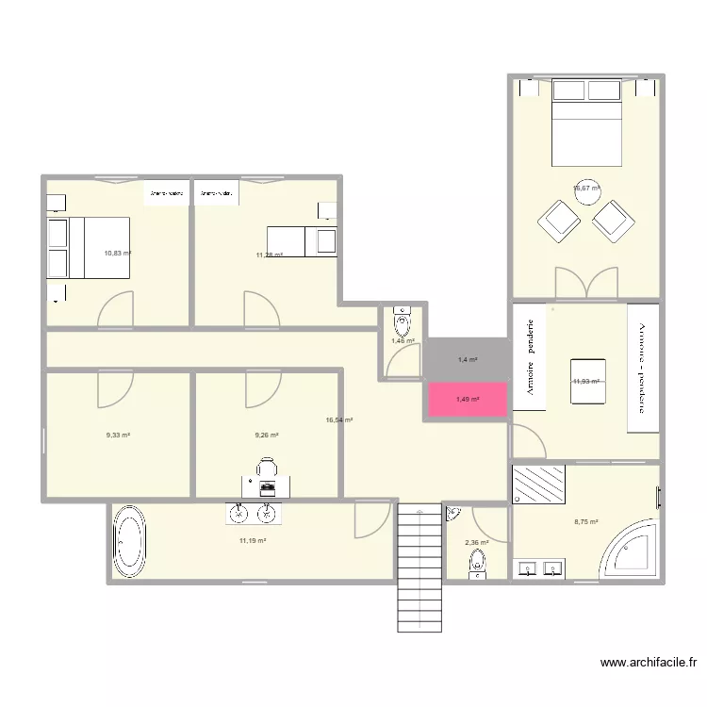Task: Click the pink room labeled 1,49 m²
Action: pyautogui.click(x=468, y=400)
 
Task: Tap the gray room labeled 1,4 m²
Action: pyautogui.click(x=468, y=359)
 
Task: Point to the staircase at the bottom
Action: pyautogui.click(x=418, y=566)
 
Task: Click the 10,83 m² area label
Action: pyautogui.click(x=118, y=253)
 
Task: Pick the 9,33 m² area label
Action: pyautogui.click(x=118, y=436)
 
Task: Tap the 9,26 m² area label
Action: pyautogui.click(x=267, y=436)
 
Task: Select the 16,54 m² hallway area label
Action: pyautogui.click(x=338, y=420)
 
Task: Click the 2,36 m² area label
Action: pyautogui.click(x=477, y=542)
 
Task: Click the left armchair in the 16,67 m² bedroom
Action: pyautogui.click(x=559, y=220)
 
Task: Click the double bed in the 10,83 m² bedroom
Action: pyautogui.click(x=99, y=248)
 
